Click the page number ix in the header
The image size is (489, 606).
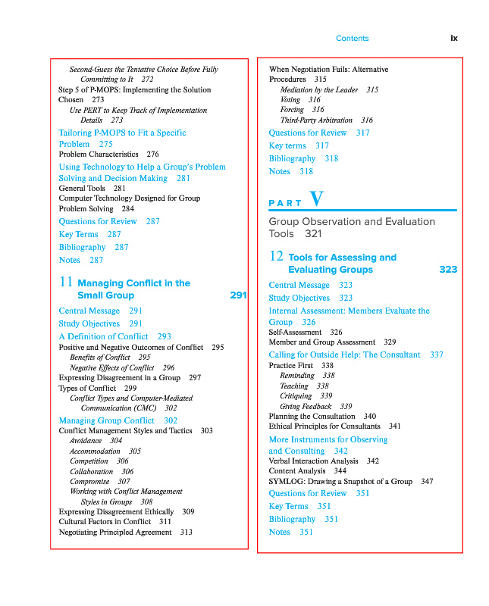(454, 38)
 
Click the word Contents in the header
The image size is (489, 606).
(352, 38)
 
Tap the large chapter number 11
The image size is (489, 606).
(65, 282)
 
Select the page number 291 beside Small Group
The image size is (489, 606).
(238, 295)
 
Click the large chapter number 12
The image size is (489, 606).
(276, 256)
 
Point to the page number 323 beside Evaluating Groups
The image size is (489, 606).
(448, 270)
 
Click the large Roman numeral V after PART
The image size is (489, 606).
(316, 199)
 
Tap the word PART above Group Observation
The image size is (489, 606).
(286, 203)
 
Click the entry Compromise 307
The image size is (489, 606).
(99, 481)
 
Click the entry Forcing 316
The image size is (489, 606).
(302, 110)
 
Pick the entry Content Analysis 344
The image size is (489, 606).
(307, 471)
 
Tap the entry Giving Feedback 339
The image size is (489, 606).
(315, 406)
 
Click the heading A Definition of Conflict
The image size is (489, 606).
(114, 336)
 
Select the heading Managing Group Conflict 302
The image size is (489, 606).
(118, 420)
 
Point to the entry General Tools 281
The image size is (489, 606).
(92, 189)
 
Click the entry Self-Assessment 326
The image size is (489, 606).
(305, 333)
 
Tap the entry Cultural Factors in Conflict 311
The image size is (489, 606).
(114, 522)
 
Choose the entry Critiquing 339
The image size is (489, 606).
(306, 396)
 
